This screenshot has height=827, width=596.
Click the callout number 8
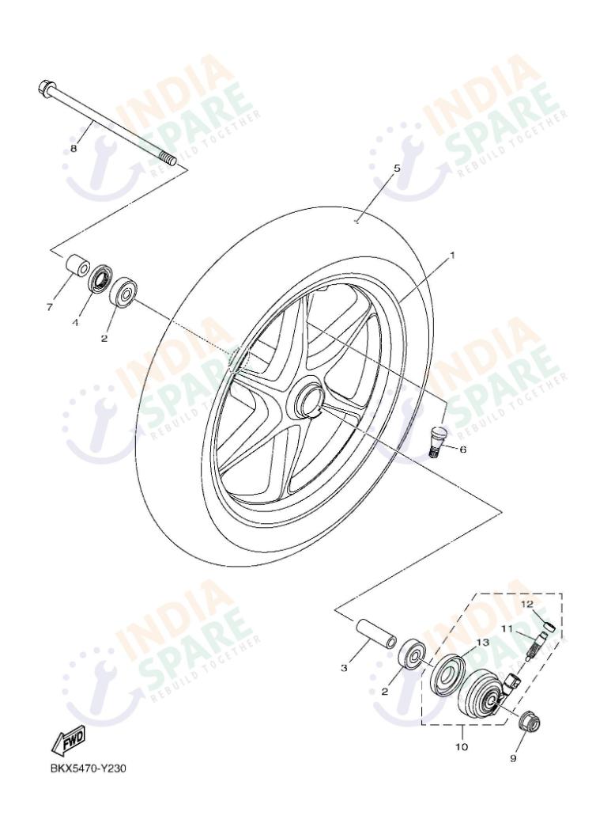point(74,148)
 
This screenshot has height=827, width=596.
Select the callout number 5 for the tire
point(397,169)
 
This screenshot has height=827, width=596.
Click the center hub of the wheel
point(307,400)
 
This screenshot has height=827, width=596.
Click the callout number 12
point(526,604)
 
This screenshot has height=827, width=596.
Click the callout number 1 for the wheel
point(451,256)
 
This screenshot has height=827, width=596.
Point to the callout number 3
point(344,669)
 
